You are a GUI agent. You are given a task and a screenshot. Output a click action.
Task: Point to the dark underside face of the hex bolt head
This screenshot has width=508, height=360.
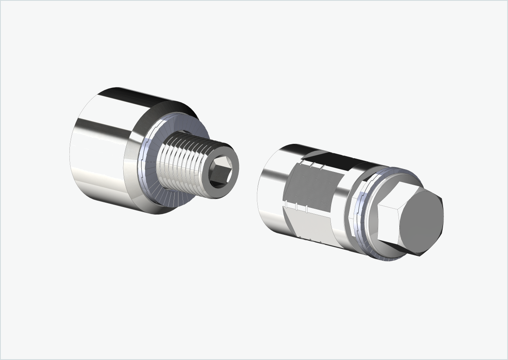coord(404,249)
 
